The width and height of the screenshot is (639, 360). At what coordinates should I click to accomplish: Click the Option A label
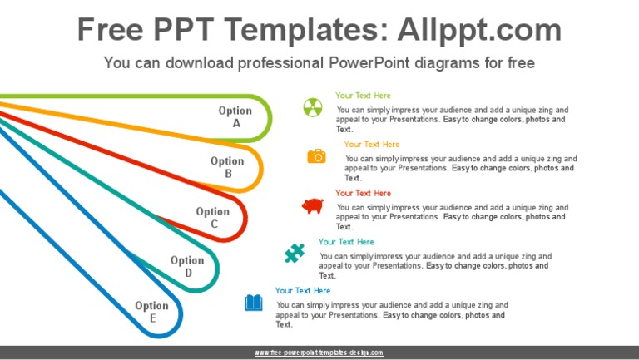235,117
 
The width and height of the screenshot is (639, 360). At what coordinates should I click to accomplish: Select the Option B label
227,167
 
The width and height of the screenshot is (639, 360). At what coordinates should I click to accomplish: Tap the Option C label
213,218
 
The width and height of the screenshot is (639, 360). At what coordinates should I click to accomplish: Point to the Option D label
187,266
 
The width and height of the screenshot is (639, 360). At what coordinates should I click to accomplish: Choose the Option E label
152,312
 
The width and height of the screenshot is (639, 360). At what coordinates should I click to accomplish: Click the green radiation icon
312,106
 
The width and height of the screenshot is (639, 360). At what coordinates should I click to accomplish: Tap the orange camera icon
316,155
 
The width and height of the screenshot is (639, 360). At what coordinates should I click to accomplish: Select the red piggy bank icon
313,205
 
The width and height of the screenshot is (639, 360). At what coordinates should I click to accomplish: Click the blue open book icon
253,303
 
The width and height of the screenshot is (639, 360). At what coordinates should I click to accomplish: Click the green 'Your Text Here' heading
363,96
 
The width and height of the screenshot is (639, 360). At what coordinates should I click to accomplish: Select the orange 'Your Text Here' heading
371,145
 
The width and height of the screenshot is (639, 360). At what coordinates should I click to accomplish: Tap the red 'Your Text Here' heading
363,193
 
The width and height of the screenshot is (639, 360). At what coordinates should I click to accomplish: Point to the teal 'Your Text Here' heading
346,242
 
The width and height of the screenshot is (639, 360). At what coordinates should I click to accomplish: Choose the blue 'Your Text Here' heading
303,291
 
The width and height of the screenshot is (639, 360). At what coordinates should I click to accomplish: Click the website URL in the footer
319,353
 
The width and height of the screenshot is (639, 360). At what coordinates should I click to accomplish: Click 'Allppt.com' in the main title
479,31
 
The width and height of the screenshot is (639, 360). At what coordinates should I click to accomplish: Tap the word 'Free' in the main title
114,31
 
